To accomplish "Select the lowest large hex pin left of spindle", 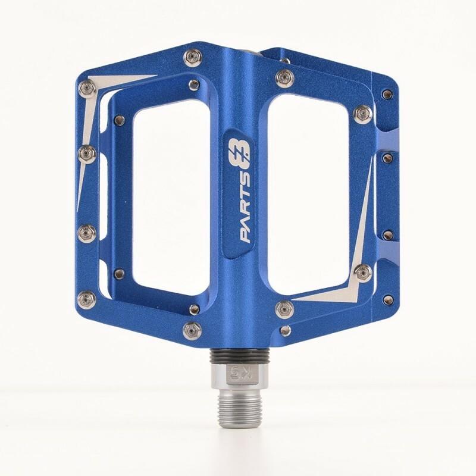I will tap(192, 327).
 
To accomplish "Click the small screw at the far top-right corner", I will tap(389, 93).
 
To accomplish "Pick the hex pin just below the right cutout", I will tap(283, 308).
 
